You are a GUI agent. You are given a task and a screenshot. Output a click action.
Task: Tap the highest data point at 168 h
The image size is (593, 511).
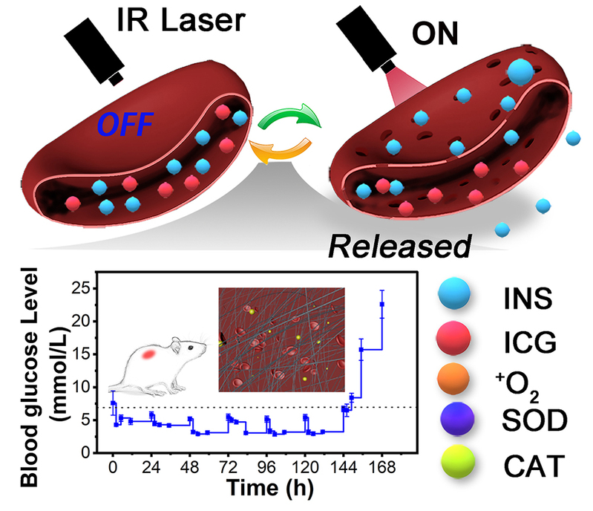pyautogui.click(x=382, y=304)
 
